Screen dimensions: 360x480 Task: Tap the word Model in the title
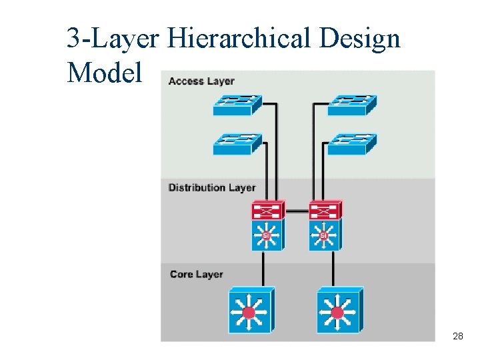pos(105,72)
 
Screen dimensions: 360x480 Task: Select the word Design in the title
pos(360,39)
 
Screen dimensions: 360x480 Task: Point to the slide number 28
pos(458,337)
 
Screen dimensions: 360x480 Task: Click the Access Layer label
pos(201,81)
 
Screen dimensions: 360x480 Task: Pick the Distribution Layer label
pos(212,188)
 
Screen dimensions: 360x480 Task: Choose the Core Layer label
pos(196,274)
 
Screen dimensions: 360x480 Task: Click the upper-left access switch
pos(237,105)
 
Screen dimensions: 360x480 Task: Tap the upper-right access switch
pos(352,105)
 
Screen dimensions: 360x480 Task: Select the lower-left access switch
pos(237,143)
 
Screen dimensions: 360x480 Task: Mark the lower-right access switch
pos(352,143)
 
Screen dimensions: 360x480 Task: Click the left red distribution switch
pos(267,211)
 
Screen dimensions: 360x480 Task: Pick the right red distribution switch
pos(325,211)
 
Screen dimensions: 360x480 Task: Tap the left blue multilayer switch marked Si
pos(267,235)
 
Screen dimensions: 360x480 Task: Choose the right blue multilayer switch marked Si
pos(325,235)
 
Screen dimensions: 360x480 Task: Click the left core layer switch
pos(251,311)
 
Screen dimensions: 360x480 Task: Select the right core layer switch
pos(339,311)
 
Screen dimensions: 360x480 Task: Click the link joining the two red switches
pos(296,211)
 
